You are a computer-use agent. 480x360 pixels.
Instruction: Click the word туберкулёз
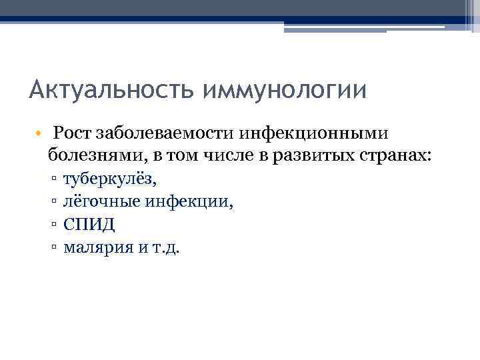tap(109, 179)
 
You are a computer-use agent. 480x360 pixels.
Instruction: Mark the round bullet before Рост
tap(40, 133)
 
